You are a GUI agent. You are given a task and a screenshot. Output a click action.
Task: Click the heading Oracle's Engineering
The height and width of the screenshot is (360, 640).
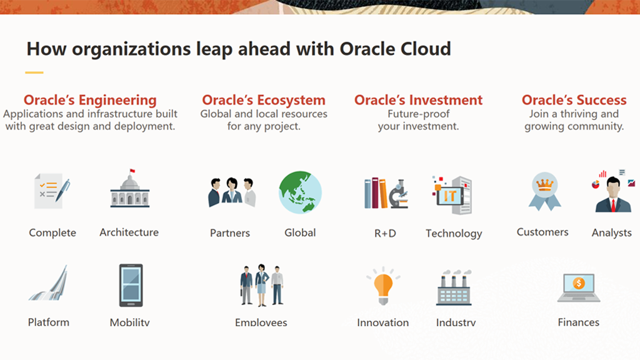click(x=90, y=100)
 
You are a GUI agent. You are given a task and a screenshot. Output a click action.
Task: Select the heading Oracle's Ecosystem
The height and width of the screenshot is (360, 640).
click(x=264, y=100)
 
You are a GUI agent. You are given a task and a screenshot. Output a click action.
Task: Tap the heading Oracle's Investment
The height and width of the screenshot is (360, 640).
click(x=418, y=100)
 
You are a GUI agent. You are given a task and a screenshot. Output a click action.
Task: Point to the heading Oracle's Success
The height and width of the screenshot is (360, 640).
click(x=574, y=100)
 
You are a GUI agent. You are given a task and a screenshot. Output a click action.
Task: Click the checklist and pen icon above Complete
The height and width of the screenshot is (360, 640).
click(x=52, y=191)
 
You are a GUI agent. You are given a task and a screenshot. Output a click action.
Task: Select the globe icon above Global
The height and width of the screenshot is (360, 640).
click(x=301, y=192)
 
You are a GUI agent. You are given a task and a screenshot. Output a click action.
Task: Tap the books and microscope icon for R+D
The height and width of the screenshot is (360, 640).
click(x=386, y=193)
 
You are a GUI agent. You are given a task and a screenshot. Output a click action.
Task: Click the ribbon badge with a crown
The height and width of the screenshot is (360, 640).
click(x=544, y=191)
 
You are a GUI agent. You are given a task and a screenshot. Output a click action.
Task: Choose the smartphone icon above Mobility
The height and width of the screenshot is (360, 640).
click(x=131, y=285)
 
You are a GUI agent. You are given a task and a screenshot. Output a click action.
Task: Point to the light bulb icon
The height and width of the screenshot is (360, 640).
click(x=383, y=286)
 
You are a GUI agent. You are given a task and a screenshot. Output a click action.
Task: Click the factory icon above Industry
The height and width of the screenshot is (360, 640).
click(x=454, y=287)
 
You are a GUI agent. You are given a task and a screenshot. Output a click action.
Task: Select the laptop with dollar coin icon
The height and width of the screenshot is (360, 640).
click(x=579, y=287)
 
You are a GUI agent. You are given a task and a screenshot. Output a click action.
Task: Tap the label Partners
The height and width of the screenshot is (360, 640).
click(x=230, y=233)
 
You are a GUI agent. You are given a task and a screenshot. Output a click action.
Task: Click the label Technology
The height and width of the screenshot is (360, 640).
click(x=454, y=234)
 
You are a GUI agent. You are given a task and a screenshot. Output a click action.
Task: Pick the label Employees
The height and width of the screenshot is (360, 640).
click(x=261, y=322)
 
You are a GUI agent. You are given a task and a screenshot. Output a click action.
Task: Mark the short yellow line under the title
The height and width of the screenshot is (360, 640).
click(x=34, y=72)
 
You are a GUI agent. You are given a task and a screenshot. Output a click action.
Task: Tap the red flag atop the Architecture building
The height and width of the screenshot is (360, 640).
click(x=132, y=171)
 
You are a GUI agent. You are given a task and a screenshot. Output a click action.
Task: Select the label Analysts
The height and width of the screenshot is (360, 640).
click(x=612, y=232)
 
